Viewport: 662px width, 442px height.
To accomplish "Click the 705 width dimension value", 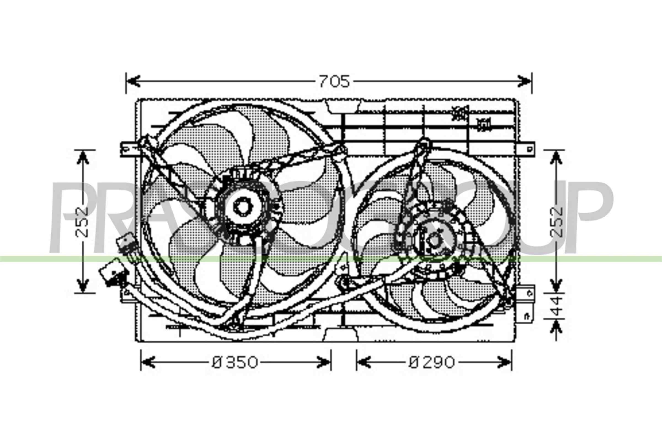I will [x=334, y=81].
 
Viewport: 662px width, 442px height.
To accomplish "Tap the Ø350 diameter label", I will [x=235, y=362].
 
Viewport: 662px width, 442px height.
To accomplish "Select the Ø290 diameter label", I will [x=431, y=362].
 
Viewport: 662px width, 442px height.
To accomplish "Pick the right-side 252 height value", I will [x=556, y=222].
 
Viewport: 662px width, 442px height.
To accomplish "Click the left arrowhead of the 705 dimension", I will [x=133, y=81].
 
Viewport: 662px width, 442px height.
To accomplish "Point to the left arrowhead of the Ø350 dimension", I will [x=148, y=362].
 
